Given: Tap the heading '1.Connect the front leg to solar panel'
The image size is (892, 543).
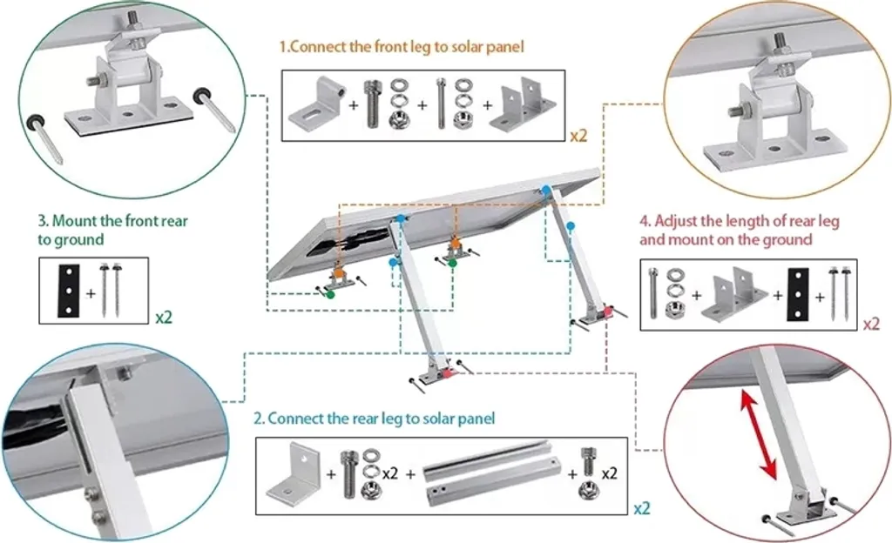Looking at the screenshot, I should click(402, 47).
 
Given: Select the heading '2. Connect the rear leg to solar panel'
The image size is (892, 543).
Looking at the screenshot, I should click(375, 419).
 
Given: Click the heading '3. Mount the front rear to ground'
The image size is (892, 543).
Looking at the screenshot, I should click(112, 230).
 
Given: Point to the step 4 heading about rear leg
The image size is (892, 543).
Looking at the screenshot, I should click(740, 230).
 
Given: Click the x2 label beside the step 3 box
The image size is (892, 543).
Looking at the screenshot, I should click(164, 317).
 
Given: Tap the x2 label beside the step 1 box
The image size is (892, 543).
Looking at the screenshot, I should click(578, 136).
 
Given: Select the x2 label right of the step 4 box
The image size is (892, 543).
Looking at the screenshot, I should click(870, 324).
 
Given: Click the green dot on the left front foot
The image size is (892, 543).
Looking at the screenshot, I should click(331, 295).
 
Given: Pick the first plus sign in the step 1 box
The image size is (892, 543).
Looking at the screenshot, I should click(353, 104).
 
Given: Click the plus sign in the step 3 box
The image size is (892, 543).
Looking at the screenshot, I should click(91, 292).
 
